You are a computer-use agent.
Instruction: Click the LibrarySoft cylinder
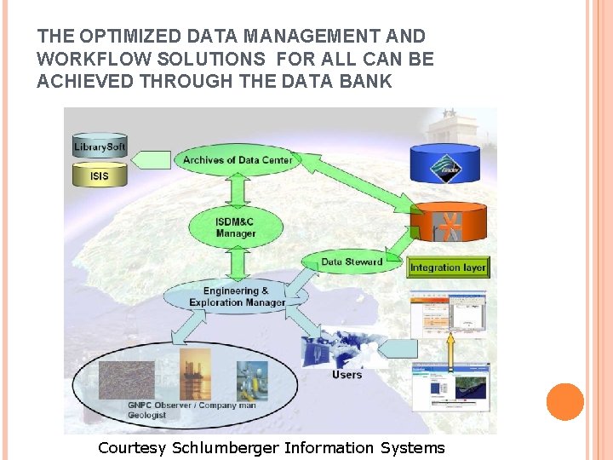100,146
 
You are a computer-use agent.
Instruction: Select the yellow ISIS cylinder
100,176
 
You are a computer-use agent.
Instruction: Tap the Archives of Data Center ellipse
237,159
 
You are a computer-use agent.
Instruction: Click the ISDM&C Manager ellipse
236,227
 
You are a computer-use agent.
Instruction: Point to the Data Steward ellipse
352,262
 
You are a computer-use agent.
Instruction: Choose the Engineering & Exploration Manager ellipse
237,296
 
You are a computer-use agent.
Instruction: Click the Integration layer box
448,267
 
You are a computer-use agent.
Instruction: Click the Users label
347,375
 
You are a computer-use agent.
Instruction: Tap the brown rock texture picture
127,380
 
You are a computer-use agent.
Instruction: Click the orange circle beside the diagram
565,402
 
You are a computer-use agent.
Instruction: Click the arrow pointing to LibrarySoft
153,159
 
